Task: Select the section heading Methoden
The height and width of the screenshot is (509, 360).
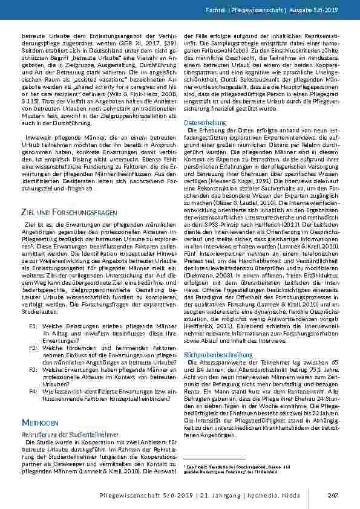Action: point(39,421)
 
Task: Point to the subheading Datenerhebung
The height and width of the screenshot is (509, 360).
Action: point(204,122)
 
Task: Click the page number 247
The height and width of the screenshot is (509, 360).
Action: point(332,496)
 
